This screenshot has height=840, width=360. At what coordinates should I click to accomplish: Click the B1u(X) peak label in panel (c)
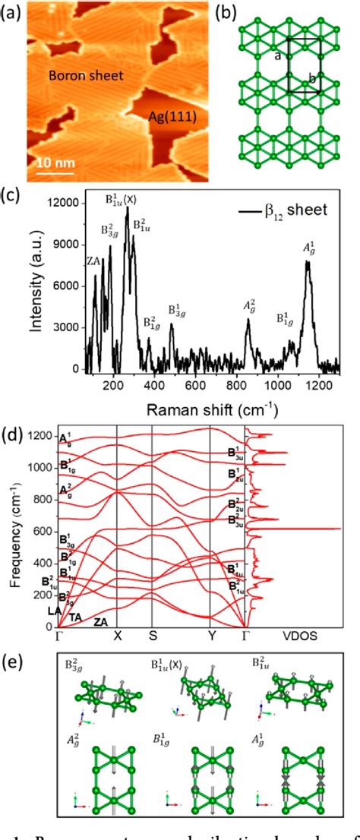tap(122, 200)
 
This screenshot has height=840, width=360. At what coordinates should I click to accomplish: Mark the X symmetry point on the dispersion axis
tap(117, 636)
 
